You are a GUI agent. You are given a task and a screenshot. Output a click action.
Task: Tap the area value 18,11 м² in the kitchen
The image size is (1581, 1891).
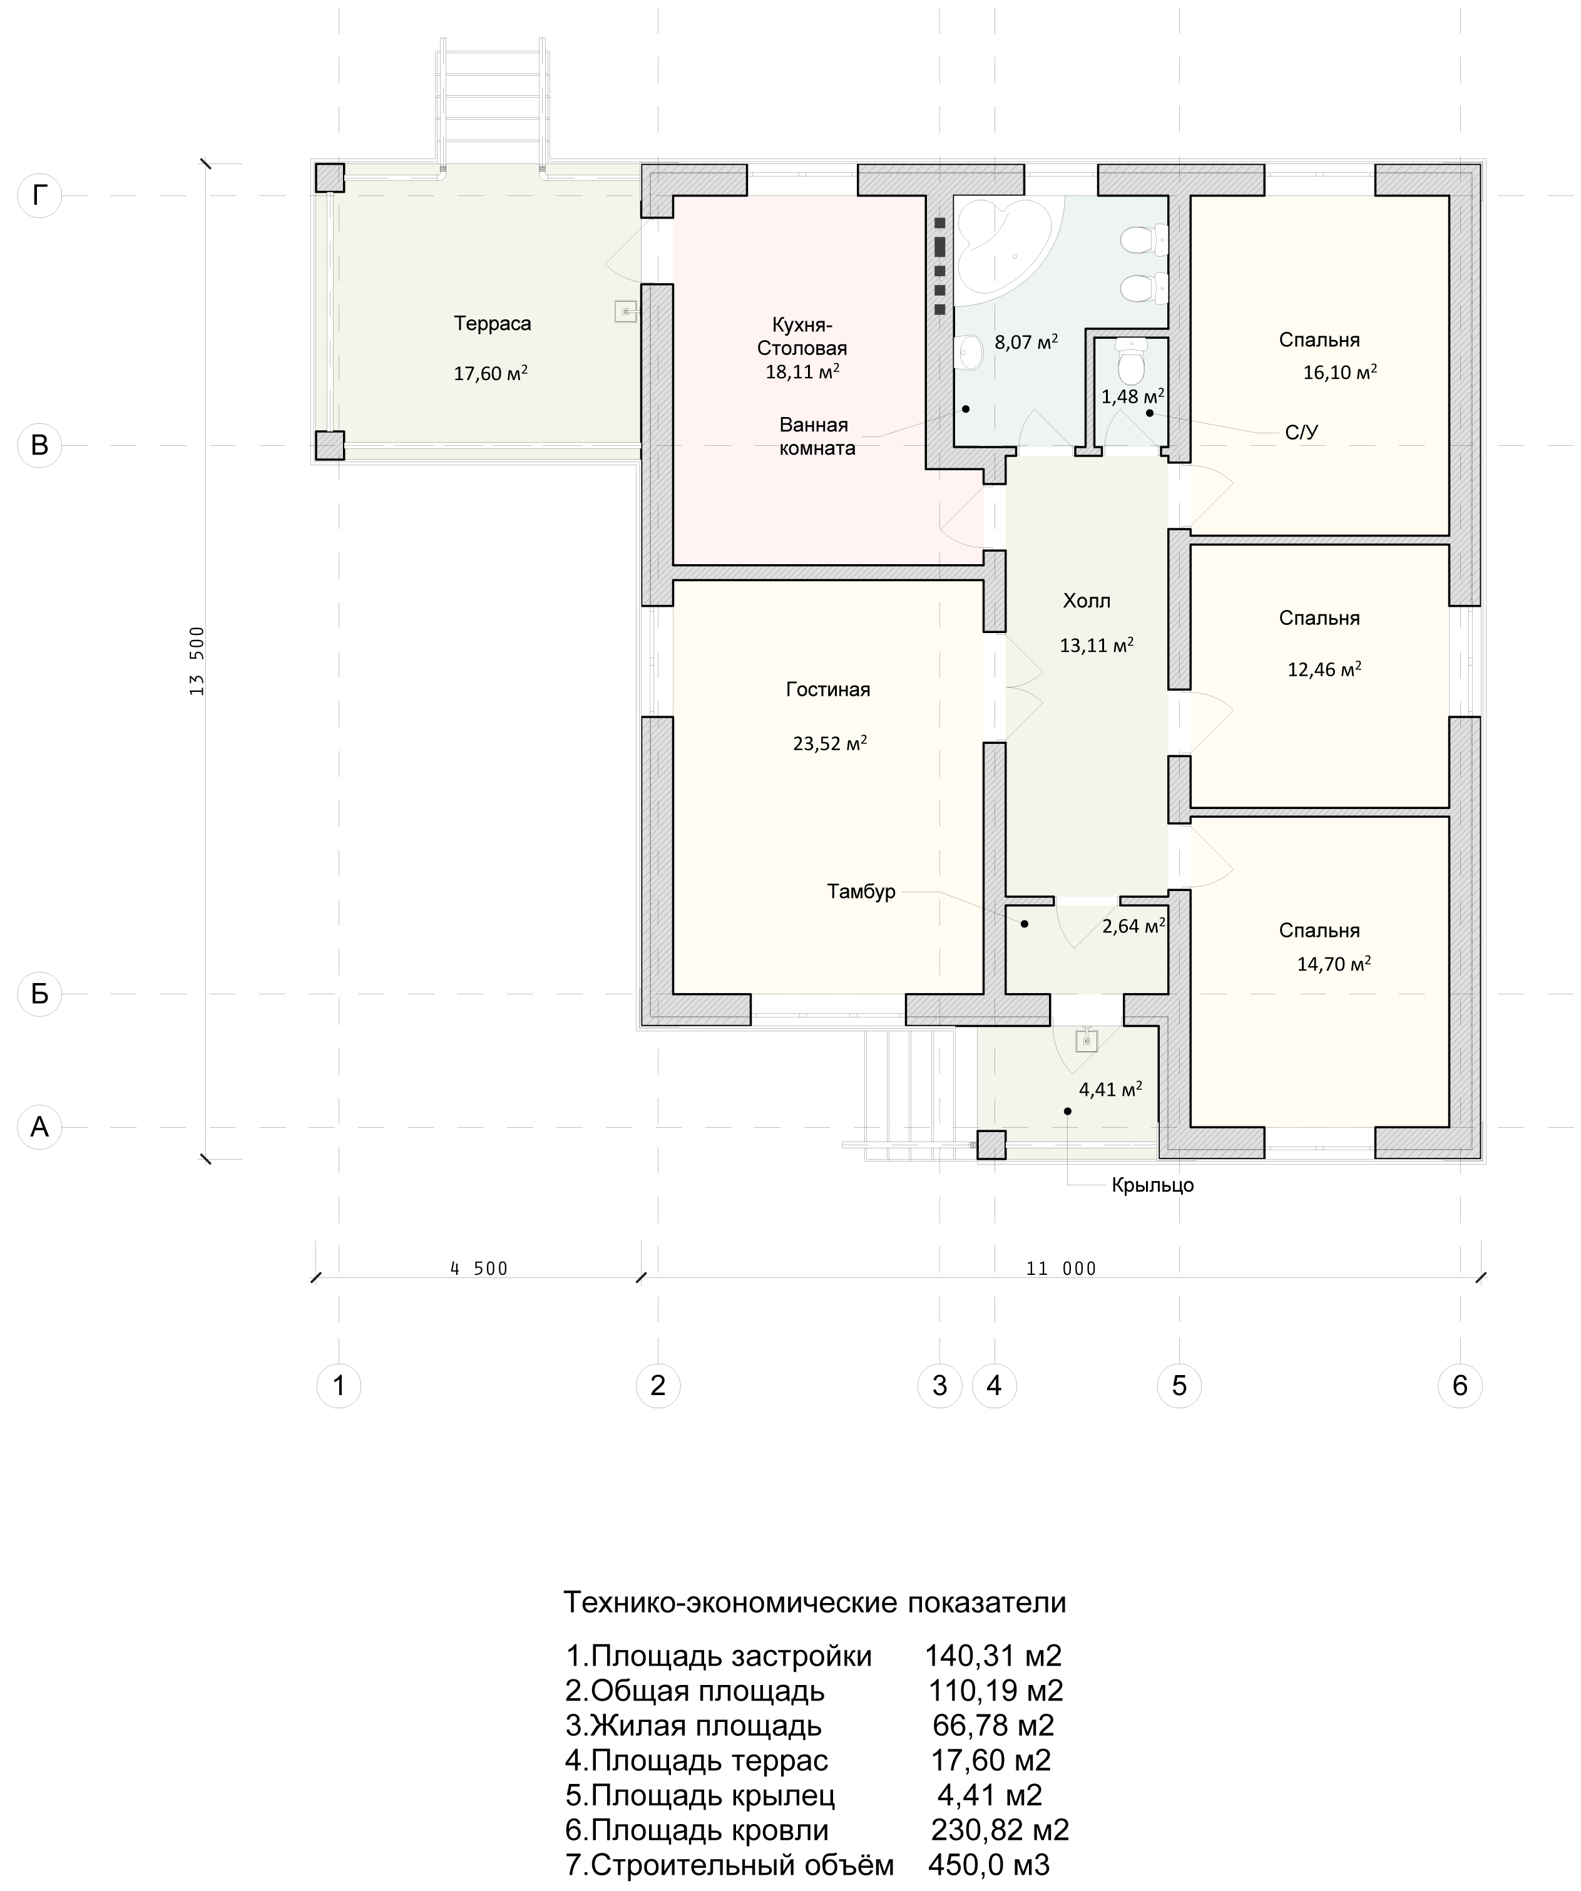(803, 371)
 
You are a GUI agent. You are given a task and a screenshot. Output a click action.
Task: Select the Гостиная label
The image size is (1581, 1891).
(828, 690)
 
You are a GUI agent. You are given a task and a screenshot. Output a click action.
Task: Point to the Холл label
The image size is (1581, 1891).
(1087, 600)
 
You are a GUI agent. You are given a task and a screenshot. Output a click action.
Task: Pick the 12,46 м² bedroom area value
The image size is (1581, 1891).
(1324, 669)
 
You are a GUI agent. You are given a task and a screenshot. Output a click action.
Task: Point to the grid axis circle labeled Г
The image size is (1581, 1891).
(39, 195)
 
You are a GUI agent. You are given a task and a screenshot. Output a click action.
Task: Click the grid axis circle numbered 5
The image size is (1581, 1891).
(1179, 1385)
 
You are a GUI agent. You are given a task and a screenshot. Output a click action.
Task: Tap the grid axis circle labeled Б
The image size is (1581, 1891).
(39, 994)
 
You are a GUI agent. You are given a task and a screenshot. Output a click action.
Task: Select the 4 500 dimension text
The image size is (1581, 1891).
(479, 1269)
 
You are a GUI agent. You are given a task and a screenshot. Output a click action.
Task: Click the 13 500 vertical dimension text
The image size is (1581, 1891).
(198, 661)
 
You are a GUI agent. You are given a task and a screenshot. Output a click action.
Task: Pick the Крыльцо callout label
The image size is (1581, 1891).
(1152, 1185)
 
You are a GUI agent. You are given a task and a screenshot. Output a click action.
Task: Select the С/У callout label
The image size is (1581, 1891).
(1302, 433)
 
